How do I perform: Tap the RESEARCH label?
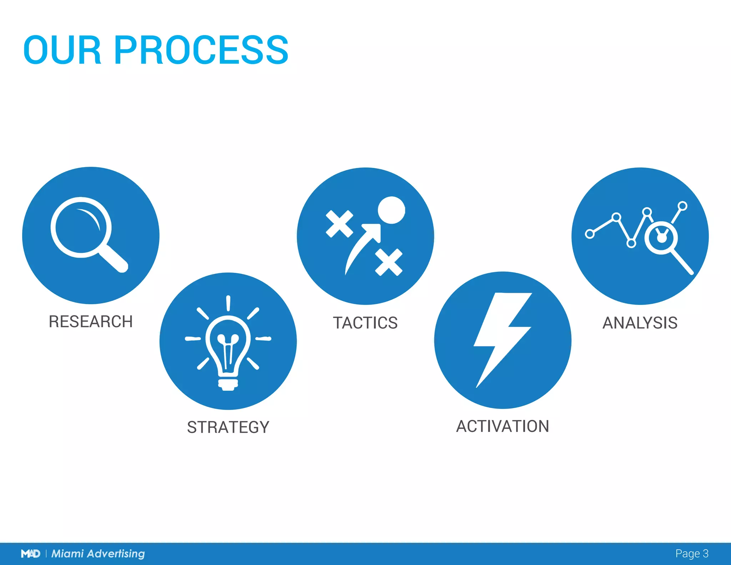(91, 321)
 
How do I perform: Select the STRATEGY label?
(228, 427)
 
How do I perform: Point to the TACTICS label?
(365, 323)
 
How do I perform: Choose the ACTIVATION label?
(503, 426)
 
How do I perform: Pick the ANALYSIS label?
(640, 323)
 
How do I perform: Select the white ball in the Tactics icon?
(392, 210)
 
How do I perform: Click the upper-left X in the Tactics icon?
(339, 224)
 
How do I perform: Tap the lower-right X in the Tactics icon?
(389, 262)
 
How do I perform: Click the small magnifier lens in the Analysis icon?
(661, 238)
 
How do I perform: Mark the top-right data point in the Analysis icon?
(682, 206)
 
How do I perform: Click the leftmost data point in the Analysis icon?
(590, 234)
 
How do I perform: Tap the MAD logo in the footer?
(30, 554)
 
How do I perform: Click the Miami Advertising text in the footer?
(98, 554)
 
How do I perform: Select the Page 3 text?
(691, 554)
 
